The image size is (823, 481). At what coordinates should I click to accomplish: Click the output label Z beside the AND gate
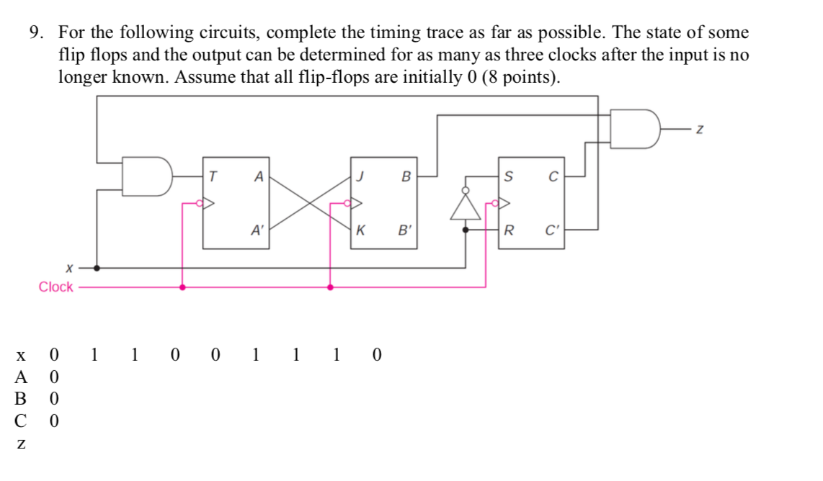698,130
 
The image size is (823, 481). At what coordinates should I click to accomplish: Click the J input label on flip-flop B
360,175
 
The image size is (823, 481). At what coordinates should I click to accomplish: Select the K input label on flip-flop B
360,231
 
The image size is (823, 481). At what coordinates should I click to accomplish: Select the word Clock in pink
55,287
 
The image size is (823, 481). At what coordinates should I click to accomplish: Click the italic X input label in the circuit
69,267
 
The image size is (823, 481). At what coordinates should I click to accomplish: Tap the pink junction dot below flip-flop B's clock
330,287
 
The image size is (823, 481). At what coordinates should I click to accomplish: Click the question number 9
34,33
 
